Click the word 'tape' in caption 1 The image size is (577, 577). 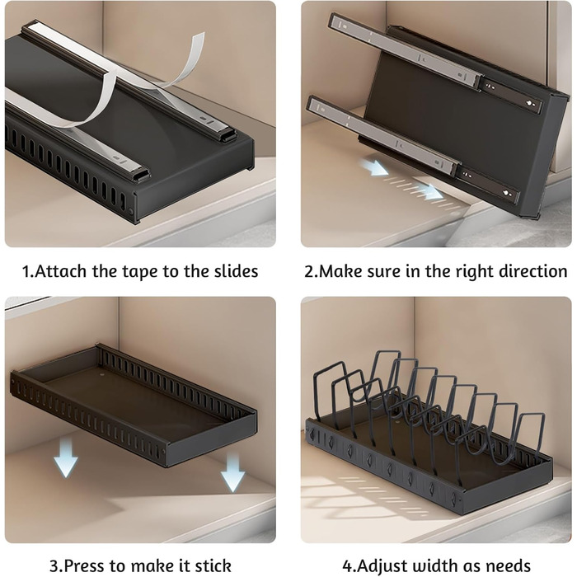point(141,271)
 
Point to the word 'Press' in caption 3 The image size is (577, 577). point(85,565)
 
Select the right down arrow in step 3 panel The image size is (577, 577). point(232,471)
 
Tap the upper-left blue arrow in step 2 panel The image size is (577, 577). point(374,167)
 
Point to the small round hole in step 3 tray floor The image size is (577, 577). point(102,376)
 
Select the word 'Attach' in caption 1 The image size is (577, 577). point(61,271)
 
